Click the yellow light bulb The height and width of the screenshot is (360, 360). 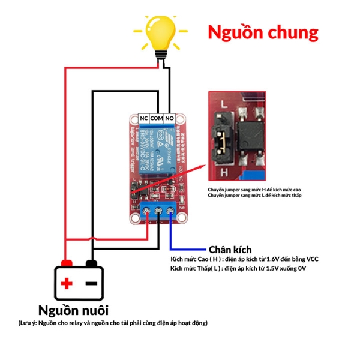(160, 31)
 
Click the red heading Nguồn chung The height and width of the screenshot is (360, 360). (263, 31)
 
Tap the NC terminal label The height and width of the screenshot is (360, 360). (144, 118)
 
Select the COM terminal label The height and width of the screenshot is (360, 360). (157, 118)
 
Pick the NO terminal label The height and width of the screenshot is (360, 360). (170, 118)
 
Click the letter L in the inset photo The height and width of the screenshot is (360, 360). (223, 104)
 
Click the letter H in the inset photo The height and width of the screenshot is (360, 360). (224, 172)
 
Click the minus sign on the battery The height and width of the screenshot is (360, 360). (92, 284)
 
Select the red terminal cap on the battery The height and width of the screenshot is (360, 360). (67, 263)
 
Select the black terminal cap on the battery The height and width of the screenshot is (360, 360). (91, 263)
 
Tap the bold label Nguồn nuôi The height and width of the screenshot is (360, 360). (73, 310)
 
